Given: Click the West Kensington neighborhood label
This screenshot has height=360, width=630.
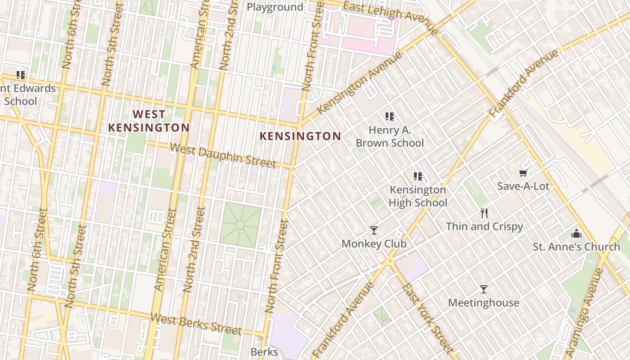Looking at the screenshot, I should point(148,121).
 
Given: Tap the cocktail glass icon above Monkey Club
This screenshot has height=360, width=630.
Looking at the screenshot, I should point(374,230).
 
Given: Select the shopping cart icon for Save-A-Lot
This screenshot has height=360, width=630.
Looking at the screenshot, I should point(523,173).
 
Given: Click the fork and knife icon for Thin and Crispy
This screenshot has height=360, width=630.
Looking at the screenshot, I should point(484,213).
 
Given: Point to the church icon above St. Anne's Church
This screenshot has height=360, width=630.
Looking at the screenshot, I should point(576,234).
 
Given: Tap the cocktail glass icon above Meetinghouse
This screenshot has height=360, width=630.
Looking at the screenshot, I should point(484,289).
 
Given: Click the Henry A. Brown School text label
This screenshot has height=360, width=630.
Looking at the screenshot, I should point(390,136).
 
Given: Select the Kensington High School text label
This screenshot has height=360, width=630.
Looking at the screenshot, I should point(418,196).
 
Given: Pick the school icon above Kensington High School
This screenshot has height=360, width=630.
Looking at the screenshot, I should point(418,176).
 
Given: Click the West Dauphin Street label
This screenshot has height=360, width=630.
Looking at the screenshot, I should point(223,155).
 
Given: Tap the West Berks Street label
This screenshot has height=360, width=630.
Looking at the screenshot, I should point(196,324).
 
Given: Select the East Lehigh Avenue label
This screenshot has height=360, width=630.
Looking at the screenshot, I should point(391,17).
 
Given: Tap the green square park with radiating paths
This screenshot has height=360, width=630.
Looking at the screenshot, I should point(240,225).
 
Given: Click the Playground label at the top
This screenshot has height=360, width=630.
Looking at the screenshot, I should point(275,7).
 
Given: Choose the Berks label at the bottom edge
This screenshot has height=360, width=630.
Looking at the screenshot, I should point(264,351).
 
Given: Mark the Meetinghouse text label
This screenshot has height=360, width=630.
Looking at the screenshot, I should point(483,302).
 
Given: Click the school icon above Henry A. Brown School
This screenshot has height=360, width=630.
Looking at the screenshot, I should point(390,117).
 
